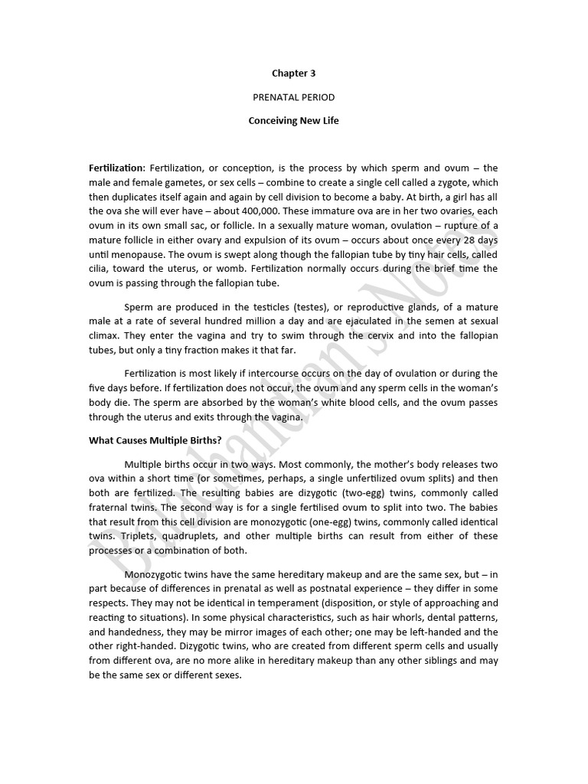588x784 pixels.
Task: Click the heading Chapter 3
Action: (293, 73)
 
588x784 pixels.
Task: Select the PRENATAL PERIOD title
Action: (293, 97)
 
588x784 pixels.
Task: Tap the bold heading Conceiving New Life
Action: (293, 121)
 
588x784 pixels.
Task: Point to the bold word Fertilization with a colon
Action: (117, 168)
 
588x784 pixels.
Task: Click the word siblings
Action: (439, 660)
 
